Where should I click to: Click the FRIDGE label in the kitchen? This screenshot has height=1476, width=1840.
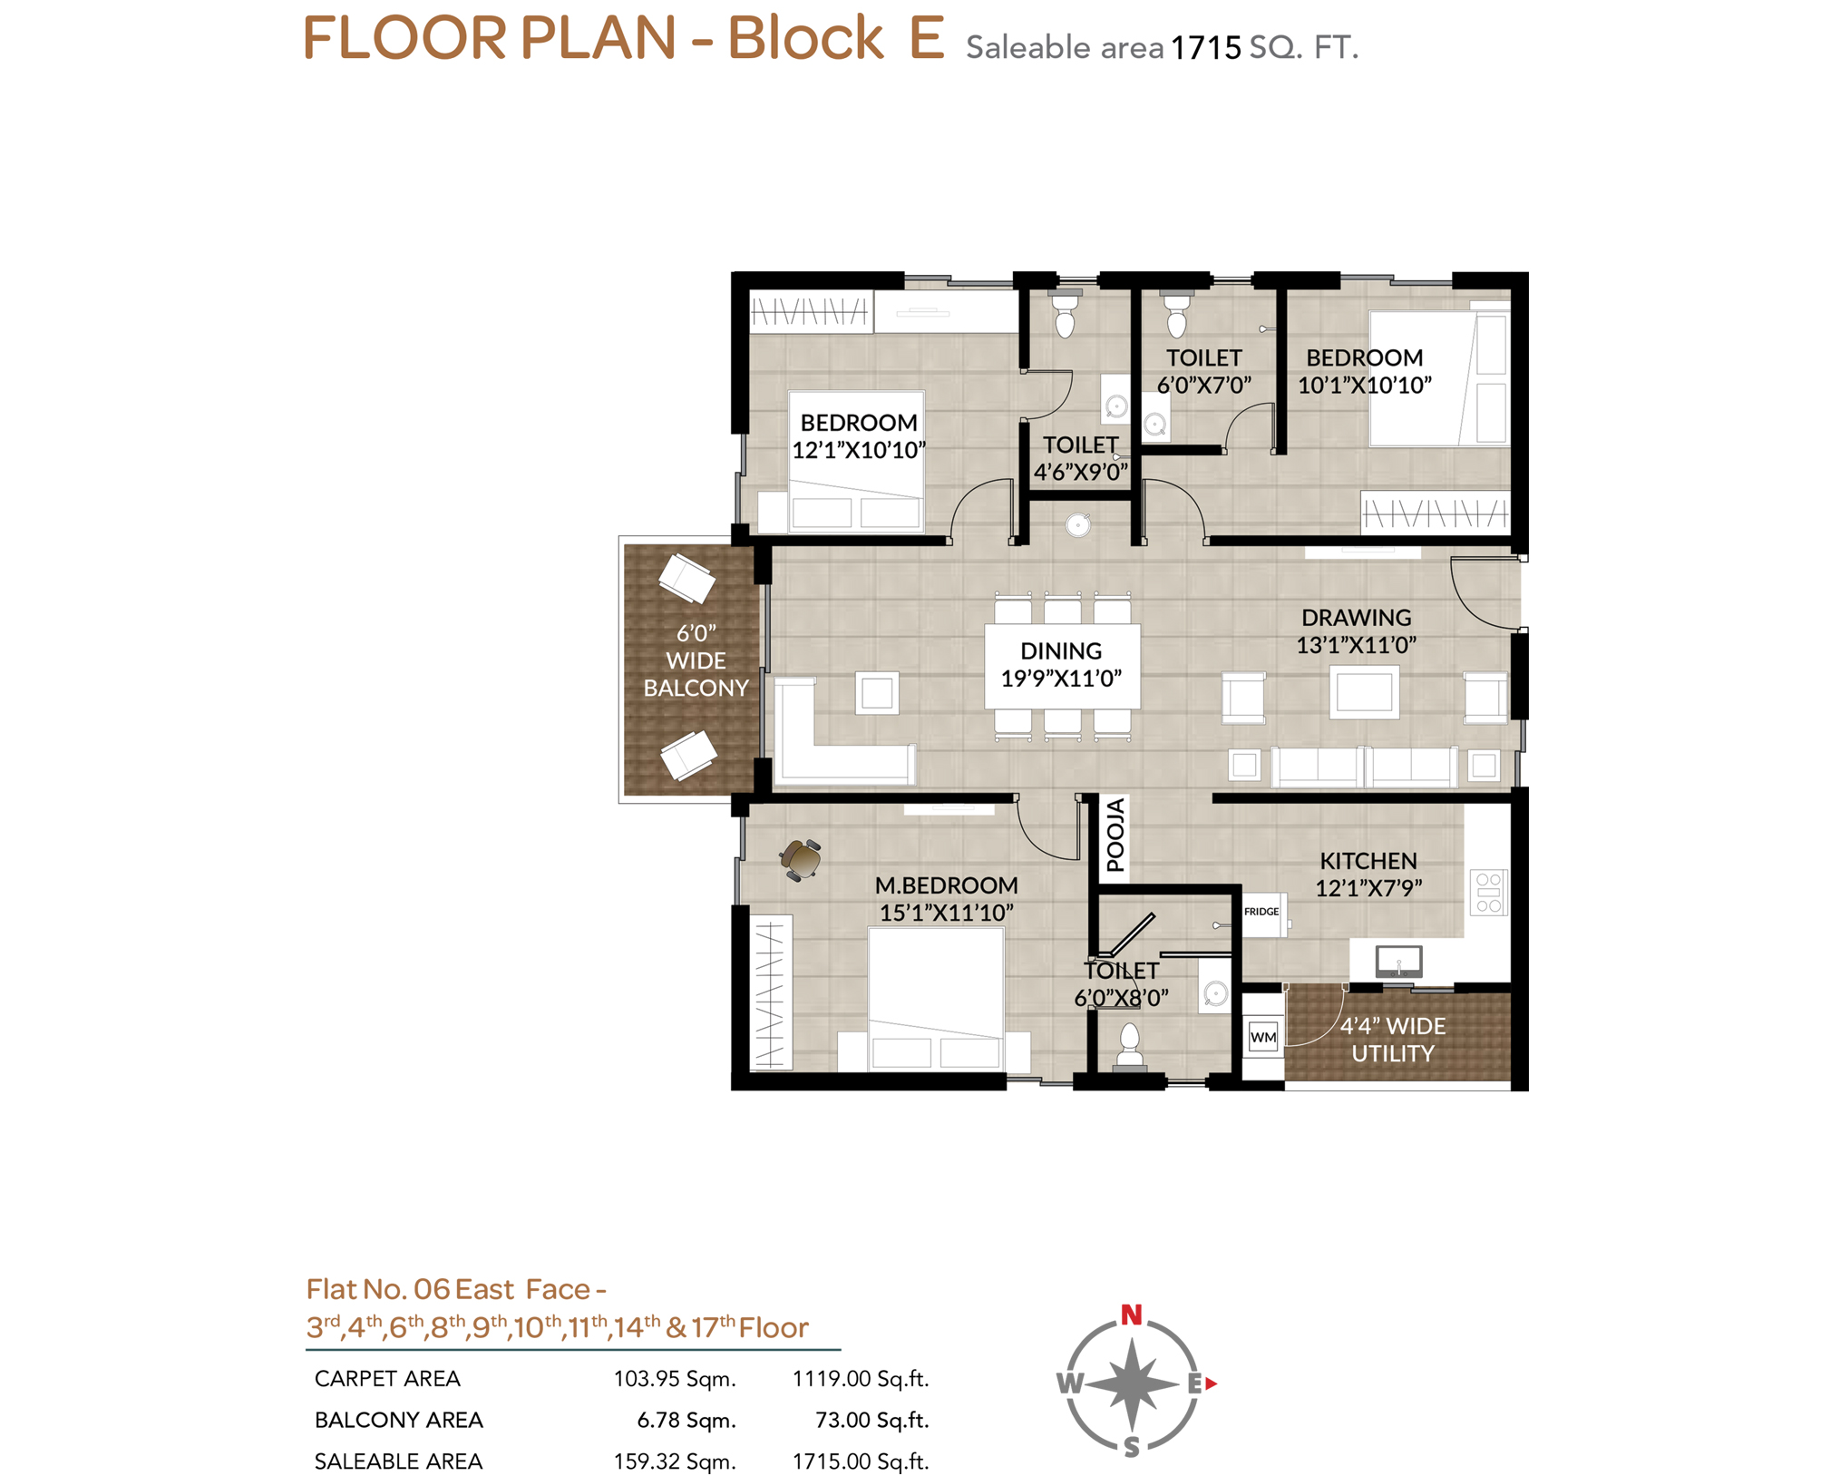[x=1261, y=911]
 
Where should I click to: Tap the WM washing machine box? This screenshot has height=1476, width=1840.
[x=1262, y=1036]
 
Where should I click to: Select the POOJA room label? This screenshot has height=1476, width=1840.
[x=1115, y=835]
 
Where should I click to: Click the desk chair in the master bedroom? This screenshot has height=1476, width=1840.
[x=801, y=858]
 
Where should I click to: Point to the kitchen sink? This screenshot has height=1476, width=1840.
[x=1398, y=961]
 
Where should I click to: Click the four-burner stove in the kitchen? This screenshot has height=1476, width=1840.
[x=1487, y=892]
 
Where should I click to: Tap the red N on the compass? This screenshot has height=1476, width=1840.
[x=1130, y=1314]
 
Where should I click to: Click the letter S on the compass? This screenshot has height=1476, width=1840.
[x=1131, y=1446]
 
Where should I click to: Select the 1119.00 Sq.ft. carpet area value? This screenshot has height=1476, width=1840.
[x=860, y=1379]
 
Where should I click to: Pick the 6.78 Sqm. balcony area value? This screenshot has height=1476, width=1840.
[x=686, y=1420]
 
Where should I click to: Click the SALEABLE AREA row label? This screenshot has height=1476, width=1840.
[x=398, y=1461]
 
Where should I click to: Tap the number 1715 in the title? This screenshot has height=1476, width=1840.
[x=1205, y=47]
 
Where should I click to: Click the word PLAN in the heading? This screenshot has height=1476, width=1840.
[x=598, y=38]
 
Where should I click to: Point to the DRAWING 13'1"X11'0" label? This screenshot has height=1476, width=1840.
[x=1356, y=631]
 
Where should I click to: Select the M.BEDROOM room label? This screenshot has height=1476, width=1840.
[x=946, y=885]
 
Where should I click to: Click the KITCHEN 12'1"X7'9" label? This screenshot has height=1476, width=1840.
[x=1368, y=875]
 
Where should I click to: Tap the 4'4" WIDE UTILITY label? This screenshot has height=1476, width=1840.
[x=1393, y=1040]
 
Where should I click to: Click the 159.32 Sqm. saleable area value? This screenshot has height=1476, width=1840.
[x=674, y=1461]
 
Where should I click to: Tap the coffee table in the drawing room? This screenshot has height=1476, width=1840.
[x=1364, y=692]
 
